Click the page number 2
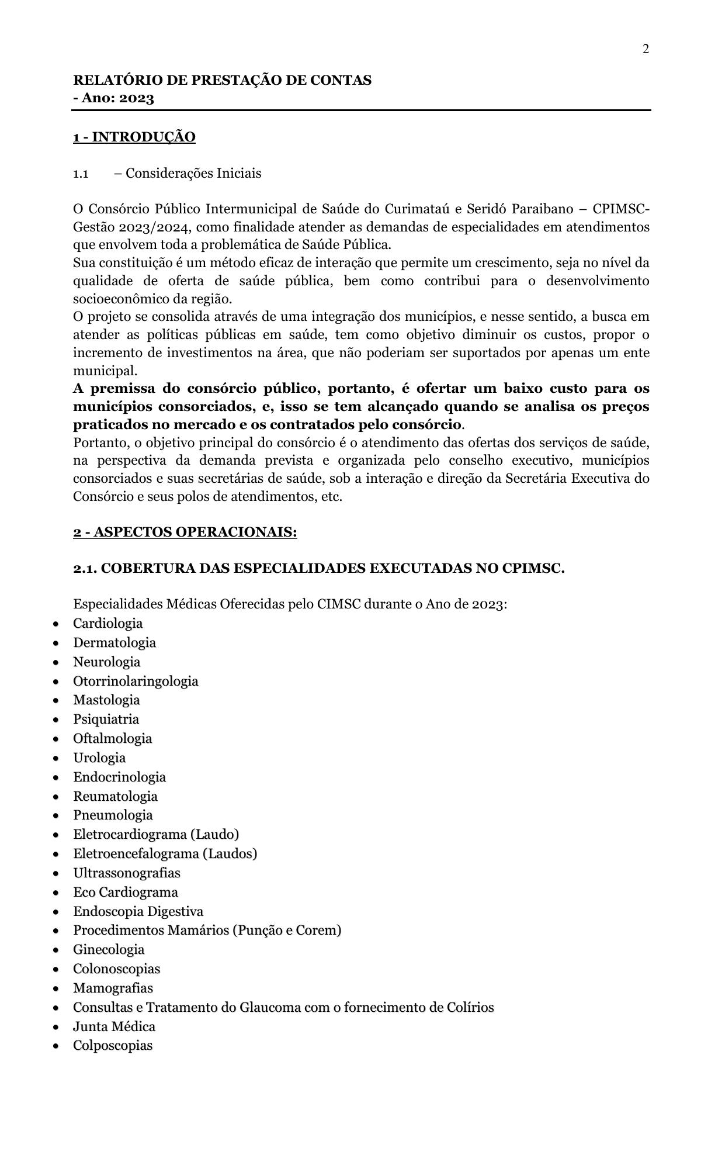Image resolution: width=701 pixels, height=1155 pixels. pos(646,49)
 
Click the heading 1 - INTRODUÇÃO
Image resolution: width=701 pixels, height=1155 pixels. pos(134,137)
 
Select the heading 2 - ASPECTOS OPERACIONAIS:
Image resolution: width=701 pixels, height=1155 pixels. pos(185,532)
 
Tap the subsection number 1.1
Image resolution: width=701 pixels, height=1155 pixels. pos(81,174)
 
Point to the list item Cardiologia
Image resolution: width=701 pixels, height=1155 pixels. pos(107,623)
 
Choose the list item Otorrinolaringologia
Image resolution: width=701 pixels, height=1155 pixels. pos(136,681)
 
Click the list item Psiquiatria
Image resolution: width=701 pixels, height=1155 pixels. pos(106,719)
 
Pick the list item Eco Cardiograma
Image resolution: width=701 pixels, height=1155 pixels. pos(125,892)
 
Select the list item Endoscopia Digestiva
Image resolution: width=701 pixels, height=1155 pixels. pos(138,911)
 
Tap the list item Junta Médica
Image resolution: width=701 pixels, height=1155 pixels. pos(114,1026)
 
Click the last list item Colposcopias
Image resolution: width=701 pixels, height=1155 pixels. pos(112,1046)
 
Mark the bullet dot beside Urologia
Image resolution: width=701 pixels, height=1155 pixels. pos(55,758)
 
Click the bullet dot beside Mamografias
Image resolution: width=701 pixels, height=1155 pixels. pos(55,988)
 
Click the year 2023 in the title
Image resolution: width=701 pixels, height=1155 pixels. pos(137,98)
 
